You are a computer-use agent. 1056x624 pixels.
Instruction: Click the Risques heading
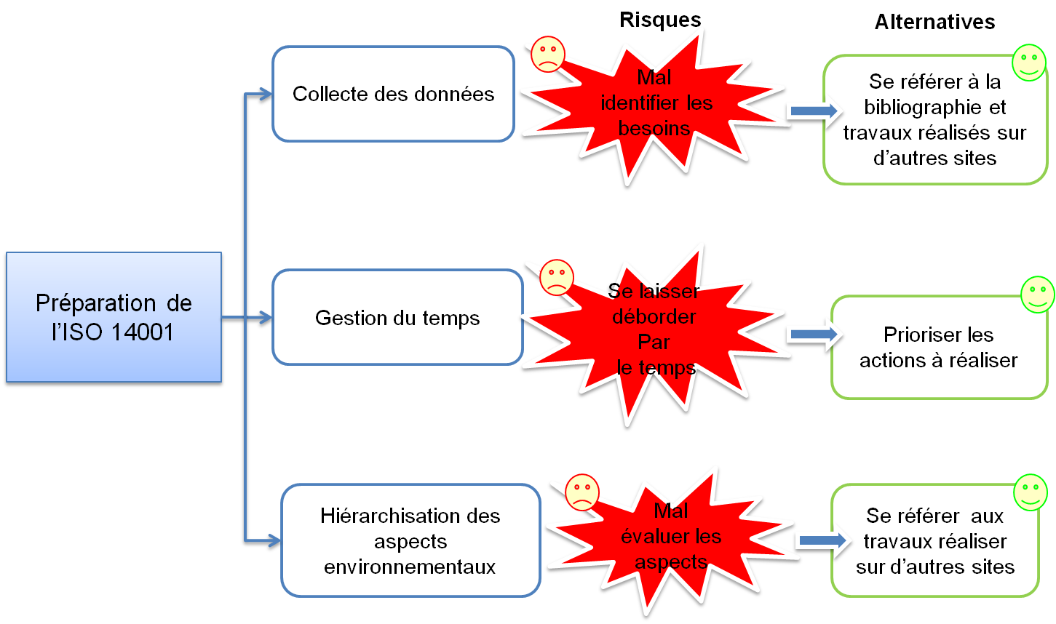click(660, 20)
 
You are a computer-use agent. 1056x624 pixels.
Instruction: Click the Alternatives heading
click(935, 22)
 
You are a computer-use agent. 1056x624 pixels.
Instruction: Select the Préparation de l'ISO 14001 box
click(114, 317)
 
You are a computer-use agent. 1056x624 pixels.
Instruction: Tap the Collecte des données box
click(393, 94)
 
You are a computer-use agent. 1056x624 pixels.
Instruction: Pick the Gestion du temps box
click(397, 317)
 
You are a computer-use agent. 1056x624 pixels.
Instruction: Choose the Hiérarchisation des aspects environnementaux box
click(410, 540)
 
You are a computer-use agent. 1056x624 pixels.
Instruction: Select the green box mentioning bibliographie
click(935, 119)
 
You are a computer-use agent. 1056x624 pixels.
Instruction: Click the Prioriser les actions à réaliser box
click(939, 348)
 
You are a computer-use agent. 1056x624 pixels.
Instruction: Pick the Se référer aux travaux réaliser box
click(935, 540)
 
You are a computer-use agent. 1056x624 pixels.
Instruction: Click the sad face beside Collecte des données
click(548, 54)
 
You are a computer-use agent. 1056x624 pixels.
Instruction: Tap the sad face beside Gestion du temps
click(556, 277)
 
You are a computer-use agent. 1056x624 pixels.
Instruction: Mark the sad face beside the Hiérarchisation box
click(582, 492)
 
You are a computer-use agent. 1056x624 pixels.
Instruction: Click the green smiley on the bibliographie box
click(1029, 63)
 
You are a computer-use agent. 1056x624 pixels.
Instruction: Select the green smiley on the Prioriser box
click(1038, 295)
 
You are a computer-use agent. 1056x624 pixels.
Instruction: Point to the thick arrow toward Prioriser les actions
click(814, 335)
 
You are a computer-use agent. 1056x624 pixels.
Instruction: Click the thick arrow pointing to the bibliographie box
click(814, 111)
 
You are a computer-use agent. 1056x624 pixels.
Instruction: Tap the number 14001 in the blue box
click(143, 332)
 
